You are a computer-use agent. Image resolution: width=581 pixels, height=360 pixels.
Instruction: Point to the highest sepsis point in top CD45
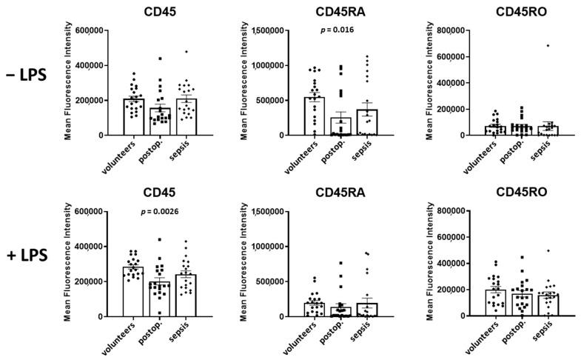click(x=187, y=52)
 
